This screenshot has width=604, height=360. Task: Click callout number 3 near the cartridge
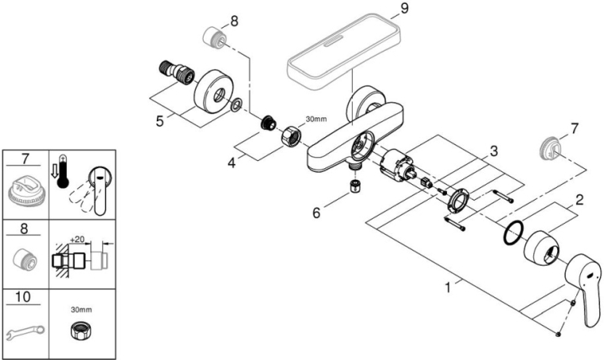coord(493,150)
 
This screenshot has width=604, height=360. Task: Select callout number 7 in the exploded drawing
coord(574,127)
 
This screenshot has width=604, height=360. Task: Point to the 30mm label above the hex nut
coord(315,119)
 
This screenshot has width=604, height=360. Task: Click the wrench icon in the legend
coord(25,327)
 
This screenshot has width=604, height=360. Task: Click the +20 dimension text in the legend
coord(77,236)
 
